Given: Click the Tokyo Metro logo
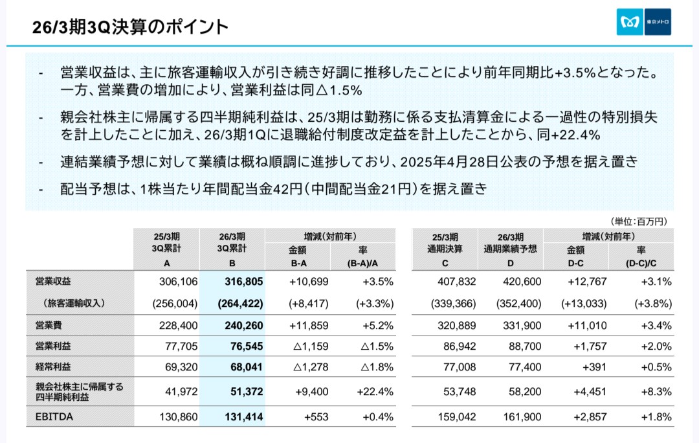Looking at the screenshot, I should pos(643,22).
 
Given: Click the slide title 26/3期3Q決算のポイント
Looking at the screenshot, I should pos(130,27).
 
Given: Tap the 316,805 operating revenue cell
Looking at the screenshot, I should pos(245,281).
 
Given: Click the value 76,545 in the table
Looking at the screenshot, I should pos(247,346).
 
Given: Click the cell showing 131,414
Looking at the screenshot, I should pos(245,417).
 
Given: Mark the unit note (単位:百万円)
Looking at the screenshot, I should pos(638,221).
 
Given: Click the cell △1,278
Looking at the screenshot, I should pos(311,367).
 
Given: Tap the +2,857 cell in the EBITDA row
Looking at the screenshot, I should pos(588,417).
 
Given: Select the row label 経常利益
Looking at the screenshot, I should pos(53,367).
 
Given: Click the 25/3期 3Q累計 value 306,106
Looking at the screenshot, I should pos(177,281).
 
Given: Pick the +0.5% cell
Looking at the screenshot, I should pos(656,367).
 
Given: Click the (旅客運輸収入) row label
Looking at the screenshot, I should pos(75,302).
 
